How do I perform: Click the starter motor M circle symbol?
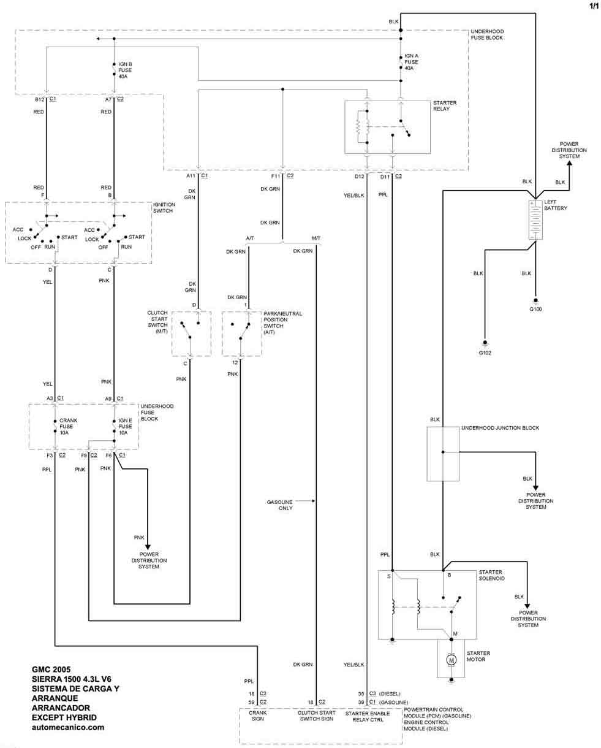coord(452,660)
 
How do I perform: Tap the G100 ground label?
coord(535,308)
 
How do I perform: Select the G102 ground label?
coord(485,352)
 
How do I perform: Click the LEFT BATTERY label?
coord(555,204)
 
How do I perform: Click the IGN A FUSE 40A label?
coord(412,61)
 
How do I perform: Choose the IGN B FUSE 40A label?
coord(125,70)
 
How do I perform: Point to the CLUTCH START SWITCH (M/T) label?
coord(157,322)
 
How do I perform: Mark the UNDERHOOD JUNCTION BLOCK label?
coord(500,428)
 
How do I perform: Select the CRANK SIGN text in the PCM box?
coord(257,717)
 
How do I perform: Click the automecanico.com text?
coord(67,728)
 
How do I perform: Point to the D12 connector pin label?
coord(360,177)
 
